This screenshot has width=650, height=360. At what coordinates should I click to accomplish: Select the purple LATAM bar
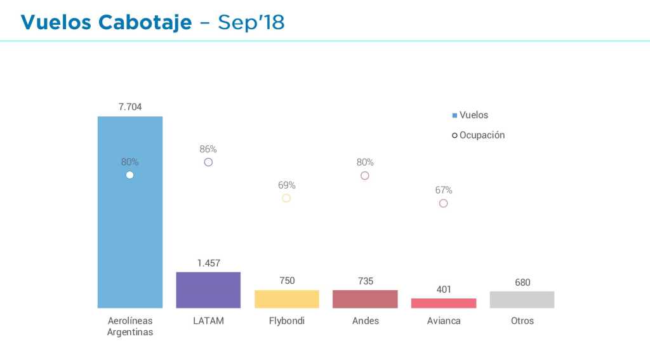208,290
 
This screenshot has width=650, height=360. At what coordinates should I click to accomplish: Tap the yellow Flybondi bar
286,299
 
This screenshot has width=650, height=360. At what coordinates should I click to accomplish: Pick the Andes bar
365,299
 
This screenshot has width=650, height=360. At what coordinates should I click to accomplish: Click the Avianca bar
444,303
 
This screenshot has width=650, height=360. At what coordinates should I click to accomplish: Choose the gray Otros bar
522,300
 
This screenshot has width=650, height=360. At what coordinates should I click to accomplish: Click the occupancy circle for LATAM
208,162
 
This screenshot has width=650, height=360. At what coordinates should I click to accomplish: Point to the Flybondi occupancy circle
286,198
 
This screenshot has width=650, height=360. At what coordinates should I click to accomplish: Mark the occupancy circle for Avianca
444,203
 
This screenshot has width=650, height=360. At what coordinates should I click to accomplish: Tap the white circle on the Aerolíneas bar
129,175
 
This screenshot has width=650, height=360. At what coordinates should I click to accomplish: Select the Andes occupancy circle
365,175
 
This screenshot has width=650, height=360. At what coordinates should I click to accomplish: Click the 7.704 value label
130,107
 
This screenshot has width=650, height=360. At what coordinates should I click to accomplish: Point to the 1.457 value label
208,263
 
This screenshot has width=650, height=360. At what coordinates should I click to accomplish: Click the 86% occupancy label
208,149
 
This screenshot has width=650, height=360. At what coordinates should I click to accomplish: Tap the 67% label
444,190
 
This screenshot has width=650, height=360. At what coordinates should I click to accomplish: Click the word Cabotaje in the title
145,22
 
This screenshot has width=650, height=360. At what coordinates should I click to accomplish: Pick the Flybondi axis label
287,321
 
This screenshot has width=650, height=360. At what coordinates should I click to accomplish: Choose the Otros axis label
522,321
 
